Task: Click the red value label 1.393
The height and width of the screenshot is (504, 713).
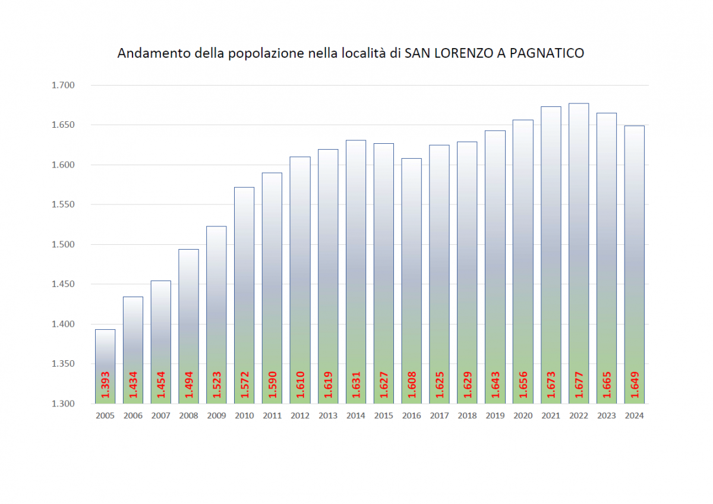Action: click(105, 387)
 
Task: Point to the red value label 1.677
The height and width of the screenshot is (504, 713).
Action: click(579, 387)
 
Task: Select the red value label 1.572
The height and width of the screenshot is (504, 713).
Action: click(244, 387)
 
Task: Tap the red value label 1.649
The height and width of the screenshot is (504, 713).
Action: click(635, 387)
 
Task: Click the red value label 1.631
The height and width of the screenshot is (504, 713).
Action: click(356, 387)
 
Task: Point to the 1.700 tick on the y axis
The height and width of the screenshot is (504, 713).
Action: click(62, 85)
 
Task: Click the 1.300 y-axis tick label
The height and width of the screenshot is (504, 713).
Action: click(62, 404)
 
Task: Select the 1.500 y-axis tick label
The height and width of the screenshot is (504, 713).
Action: click(62, 244)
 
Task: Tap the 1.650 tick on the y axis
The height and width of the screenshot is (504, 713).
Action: click(62, 125)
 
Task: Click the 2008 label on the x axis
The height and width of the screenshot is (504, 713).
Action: click(188, 415)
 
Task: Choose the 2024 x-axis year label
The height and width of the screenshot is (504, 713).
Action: click(635, 415)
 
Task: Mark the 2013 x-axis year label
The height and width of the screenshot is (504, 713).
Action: click(328, 415)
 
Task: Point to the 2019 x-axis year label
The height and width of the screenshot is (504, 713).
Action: click(495, 415)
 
